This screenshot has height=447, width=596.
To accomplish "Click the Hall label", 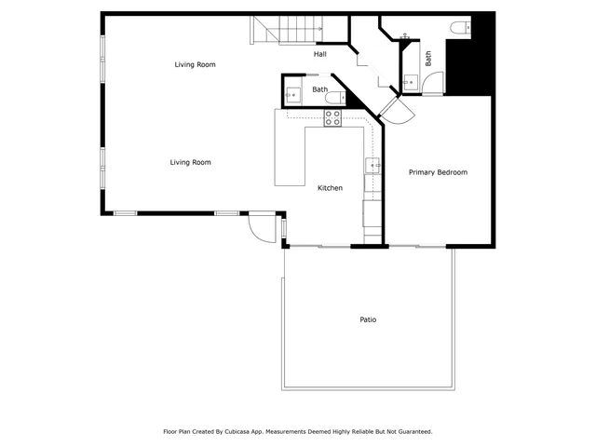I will [x=319, y=54].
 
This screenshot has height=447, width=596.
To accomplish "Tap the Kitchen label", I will [x=330, y=188].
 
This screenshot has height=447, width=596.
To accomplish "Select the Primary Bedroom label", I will [x=438, y=172].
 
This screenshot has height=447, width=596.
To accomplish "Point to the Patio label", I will [x=368, y=319].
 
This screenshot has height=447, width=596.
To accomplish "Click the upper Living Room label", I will [x=195, y=64].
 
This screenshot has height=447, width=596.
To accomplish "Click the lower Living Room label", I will [x=190, y=162].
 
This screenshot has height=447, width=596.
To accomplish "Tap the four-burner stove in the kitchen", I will [x=332, y=117].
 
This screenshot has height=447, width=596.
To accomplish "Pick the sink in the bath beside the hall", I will [x=292, y=94].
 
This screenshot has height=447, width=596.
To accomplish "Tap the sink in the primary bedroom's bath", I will [x=410, y=83].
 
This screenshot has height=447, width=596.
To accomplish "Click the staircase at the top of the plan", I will [x=288, y=31].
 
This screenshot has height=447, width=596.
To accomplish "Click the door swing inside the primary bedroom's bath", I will [x=432, y=84].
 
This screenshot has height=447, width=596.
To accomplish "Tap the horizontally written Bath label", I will [x=319, y=89].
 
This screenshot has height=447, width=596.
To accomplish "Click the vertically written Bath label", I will [x=428, y=58].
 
